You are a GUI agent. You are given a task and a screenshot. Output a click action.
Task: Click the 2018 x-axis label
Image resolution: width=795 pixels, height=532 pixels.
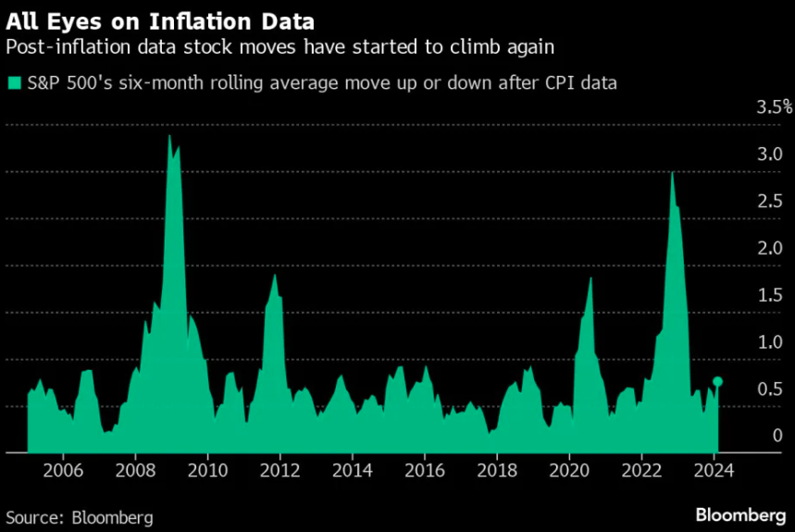click(x=496, y=469)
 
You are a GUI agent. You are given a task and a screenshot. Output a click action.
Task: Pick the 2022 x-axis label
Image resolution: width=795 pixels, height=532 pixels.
click(x=640, y=469)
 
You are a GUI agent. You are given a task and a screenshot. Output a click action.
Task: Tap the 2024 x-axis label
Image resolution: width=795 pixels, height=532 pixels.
click(x=713, y=469)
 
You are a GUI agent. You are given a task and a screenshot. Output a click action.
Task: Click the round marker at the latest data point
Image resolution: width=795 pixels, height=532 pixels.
click(x=717, y=381)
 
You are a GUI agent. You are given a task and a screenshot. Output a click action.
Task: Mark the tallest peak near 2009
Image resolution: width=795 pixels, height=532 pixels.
click(x=169, y=136)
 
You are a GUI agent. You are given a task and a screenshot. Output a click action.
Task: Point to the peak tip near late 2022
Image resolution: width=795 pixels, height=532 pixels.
click(x=671, y=173)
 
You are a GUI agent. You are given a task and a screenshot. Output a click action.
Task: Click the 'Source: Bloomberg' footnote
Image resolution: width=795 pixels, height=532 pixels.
click(x=79, y=516)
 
